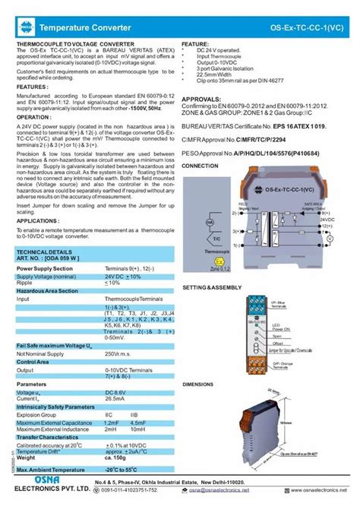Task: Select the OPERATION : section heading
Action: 34,118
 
